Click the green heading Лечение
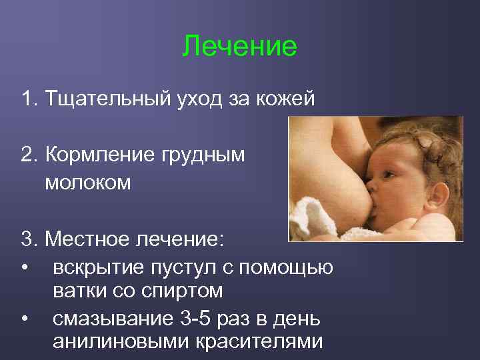pos(239,46)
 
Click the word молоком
pos(88,183)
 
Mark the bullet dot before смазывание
pos(25,319)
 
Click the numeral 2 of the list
pos(27,155)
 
